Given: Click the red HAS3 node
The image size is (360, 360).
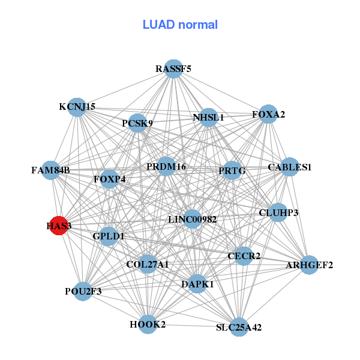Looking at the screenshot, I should [58, 226].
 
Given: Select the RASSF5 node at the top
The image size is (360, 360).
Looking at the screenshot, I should [173, 69].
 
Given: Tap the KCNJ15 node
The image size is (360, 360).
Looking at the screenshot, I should [76, 107].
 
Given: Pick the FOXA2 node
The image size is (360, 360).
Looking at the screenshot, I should [268, 114].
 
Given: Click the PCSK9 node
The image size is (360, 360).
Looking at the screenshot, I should [137, 124].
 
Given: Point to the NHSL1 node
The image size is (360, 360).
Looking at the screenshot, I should [208, 118].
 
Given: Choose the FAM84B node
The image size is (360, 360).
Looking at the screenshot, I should [51, 170].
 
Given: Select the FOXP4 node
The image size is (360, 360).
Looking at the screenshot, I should [109, 179].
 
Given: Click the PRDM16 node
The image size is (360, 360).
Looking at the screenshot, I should [166, 166].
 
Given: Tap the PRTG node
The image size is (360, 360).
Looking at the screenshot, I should [232, 171].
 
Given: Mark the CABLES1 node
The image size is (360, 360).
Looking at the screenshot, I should [290, 167].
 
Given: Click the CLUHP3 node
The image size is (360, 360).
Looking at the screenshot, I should [278, 212].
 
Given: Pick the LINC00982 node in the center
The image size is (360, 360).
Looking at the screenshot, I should [192, 220].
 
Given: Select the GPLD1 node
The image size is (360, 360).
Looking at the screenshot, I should [109, 236].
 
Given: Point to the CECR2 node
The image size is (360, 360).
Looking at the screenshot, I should [244, 256].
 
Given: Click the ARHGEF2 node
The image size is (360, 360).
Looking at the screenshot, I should [309, 265].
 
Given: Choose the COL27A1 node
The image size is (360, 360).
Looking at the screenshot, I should [148, 264].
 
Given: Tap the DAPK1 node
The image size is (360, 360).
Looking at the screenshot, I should [197, 284].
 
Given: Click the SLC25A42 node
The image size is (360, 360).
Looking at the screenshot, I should [239, 327].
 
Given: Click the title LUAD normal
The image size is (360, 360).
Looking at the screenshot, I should [180, 25].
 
